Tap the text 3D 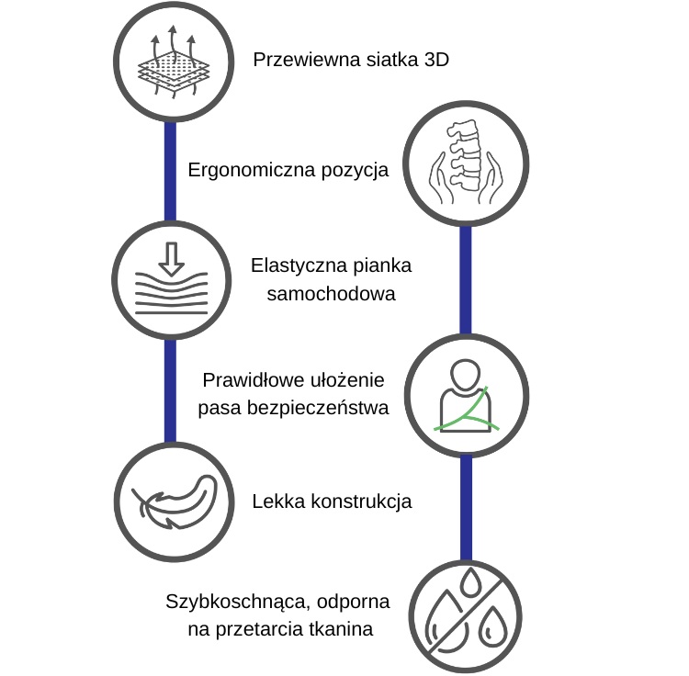point(436,60)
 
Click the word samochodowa point(332,294)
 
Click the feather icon point(175,502)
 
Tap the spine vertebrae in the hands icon point(464,156)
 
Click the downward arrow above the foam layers point(171,259)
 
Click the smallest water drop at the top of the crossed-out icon point(470,581)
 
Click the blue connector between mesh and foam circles point(171,172)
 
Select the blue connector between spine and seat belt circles point(466,280)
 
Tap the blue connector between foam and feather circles point(171,391)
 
